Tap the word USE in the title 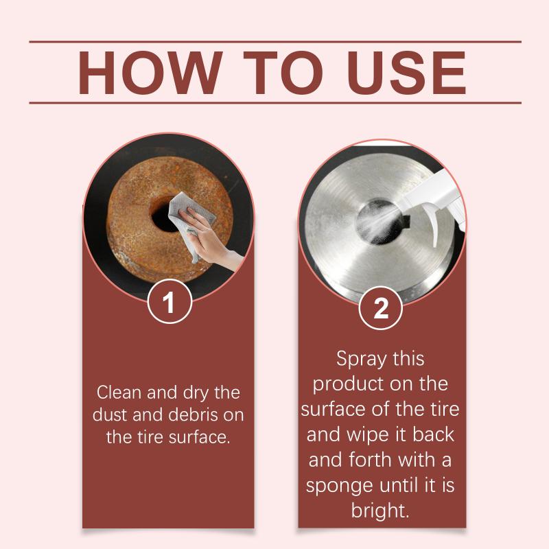[x=406, y=73]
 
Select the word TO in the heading [x=283, y=73]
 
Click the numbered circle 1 [x=170, y=301]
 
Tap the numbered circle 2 [x=381, y=307]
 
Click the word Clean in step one [x=119, y=392]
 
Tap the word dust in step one [x=110, y=415]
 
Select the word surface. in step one [x=200, y=437]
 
